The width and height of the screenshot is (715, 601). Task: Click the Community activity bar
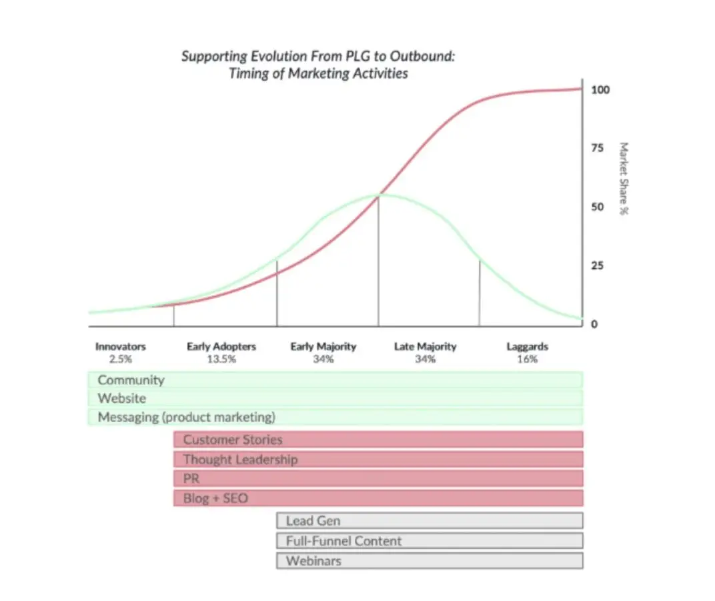pos(335,380)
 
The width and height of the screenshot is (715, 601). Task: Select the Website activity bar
pos(335,398)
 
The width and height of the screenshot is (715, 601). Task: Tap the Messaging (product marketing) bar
pos(335,417)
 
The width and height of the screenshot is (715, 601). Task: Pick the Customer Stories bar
pos(378,440)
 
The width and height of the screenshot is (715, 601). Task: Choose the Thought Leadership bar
pos(378,459)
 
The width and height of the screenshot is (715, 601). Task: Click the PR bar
pos(378,478)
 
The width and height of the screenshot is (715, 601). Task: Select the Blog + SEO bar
pos(378,498)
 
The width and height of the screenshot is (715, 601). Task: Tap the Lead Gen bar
pos(430,520)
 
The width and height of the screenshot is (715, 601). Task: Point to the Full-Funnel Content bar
pos(430,540)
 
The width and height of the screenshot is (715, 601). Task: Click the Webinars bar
pos(430,560)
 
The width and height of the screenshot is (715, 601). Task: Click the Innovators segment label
pos(120,347)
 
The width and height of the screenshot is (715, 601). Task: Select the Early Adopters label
pos(221,347)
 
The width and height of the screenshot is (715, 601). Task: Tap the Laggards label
pos(527,347)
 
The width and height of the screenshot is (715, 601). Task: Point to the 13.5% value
pos(221,359)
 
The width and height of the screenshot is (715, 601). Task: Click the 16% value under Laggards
pos(527,359)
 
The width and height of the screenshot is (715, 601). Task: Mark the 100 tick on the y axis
pos(600,90)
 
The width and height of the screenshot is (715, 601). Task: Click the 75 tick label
pos(597,148)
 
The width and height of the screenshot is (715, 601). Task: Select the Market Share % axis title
pos(624,179)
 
